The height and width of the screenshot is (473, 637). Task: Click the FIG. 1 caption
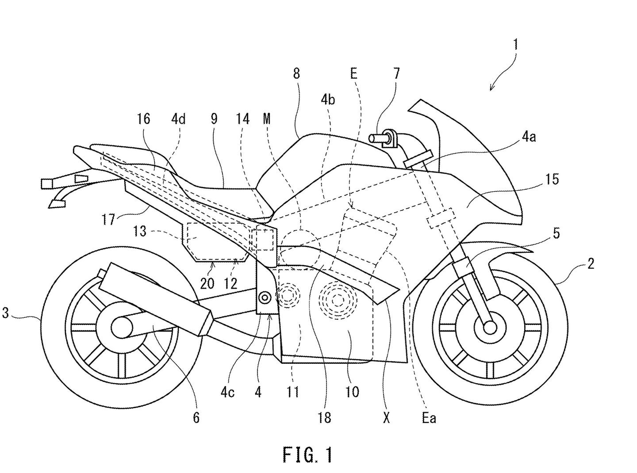click(x=307, y=455)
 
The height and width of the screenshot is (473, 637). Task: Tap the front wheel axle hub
click(x=490, y=327)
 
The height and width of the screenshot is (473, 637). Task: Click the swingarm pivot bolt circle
click(x=265, y=298)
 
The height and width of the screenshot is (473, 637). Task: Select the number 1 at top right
click(x=515, y=45)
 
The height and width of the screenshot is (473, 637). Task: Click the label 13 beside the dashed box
click(x=140, y=231)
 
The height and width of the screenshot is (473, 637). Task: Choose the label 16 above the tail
click(x=144, y=118)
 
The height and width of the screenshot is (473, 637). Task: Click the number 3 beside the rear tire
click(x=5, y=313)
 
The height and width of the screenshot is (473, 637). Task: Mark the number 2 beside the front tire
click(x=591, y=264)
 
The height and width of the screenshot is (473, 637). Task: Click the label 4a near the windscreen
click(x=529, y=137)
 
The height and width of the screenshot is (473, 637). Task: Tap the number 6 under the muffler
click(x=196, y=417)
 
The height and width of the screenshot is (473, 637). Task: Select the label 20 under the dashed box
click(x=207, y=283)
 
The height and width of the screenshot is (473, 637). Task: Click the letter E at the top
click(x=353, y=73)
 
